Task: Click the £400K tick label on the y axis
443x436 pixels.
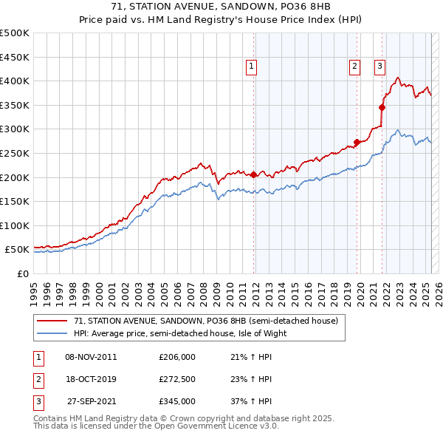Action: point(15,81)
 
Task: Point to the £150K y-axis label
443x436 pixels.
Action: point(15,201)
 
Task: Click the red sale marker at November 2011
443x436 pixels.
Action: point(253,174)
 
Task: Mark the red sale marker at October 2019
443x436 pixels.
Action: point(357,142)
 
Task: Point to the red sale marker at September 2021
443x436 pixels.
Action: point(382,107)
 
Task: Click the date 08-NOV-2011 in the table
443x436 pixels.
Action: point(91,357)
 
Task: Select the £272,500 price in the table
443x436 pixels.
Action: point(177,379)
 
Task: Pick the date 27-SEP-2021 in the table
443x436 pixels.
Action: point(92,401)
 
